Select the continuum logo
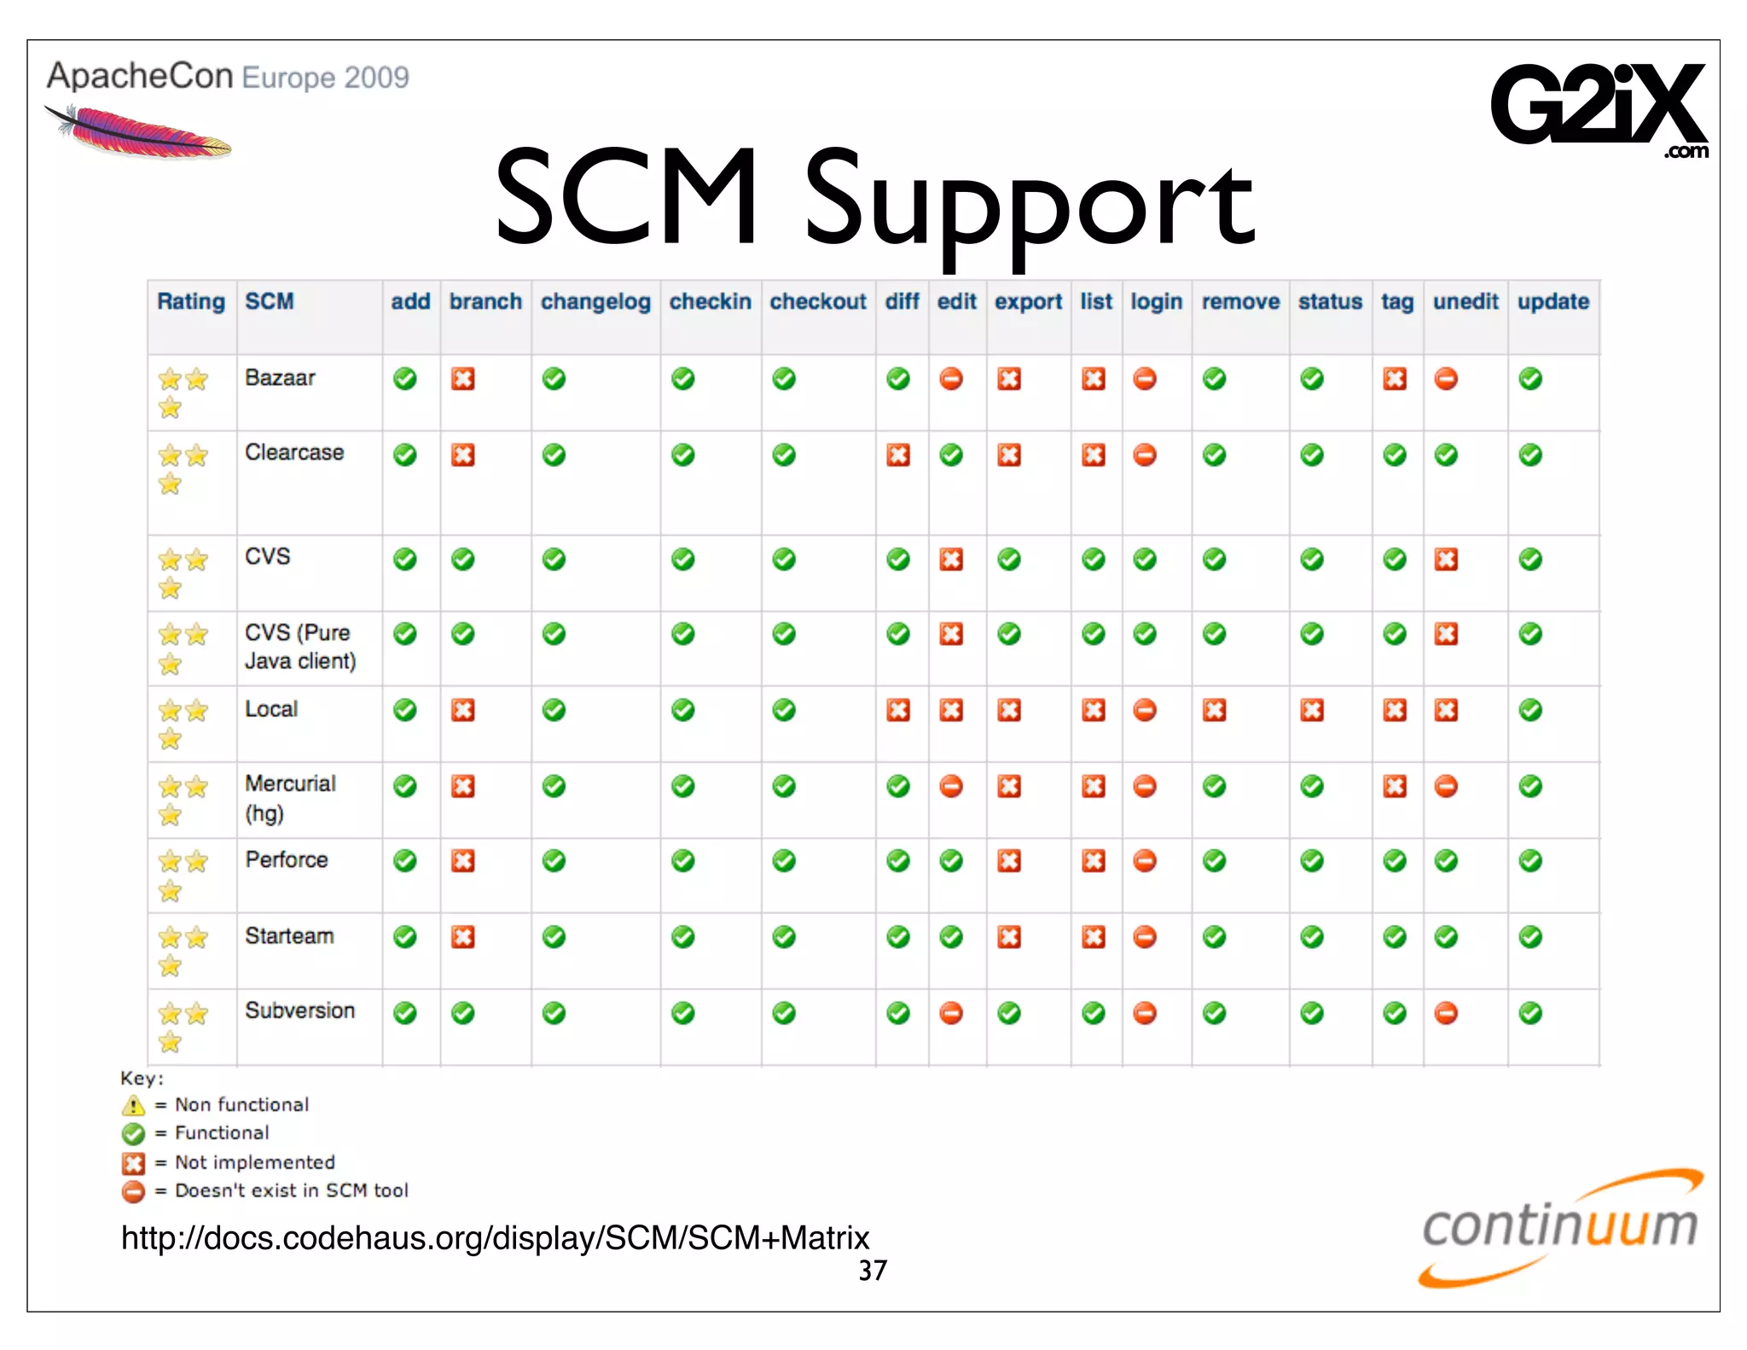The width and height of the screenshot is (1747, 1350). [1560, 1228]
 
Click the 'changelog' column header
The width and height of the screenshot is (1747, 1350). [595, 302]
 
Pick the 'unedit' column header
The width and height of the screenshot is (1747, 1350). [1465, 302]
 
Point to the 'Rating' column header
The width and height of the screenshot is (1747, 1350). [191, 302]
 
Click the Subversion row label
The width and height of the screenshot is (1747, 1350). [299, 1011]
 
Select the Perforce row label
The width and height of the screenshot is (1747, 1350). [287, 860]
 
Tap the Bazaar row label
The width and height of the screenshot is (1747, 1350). [280, 378]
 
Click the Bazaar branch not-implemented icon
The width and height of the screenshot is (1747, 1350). [463, 379]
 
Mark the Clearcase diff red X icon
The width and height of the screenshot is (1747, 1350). [898, 455]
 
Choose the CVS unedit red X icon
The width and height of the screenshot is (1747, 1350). [1446, 560]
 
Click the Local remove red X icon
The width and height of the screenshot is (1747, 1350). [1215, 710]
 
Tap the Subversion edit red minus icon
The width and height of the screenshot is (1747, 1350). [951, 1013]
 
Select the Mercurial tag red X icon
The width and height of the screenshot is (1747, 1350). [1395, 786]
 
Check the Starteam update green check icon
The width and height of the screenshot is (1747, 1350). [1530, 937]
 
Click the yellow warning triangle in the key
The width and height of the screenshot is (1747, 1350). [133, 1106]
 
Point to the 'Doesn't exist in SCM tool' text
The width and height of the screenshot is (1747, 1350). [292, 1190]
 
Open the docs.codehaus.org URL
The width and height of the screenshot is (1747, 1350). [495, 1238]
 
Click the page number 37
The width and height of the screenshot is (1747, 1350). [873, 1271]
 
